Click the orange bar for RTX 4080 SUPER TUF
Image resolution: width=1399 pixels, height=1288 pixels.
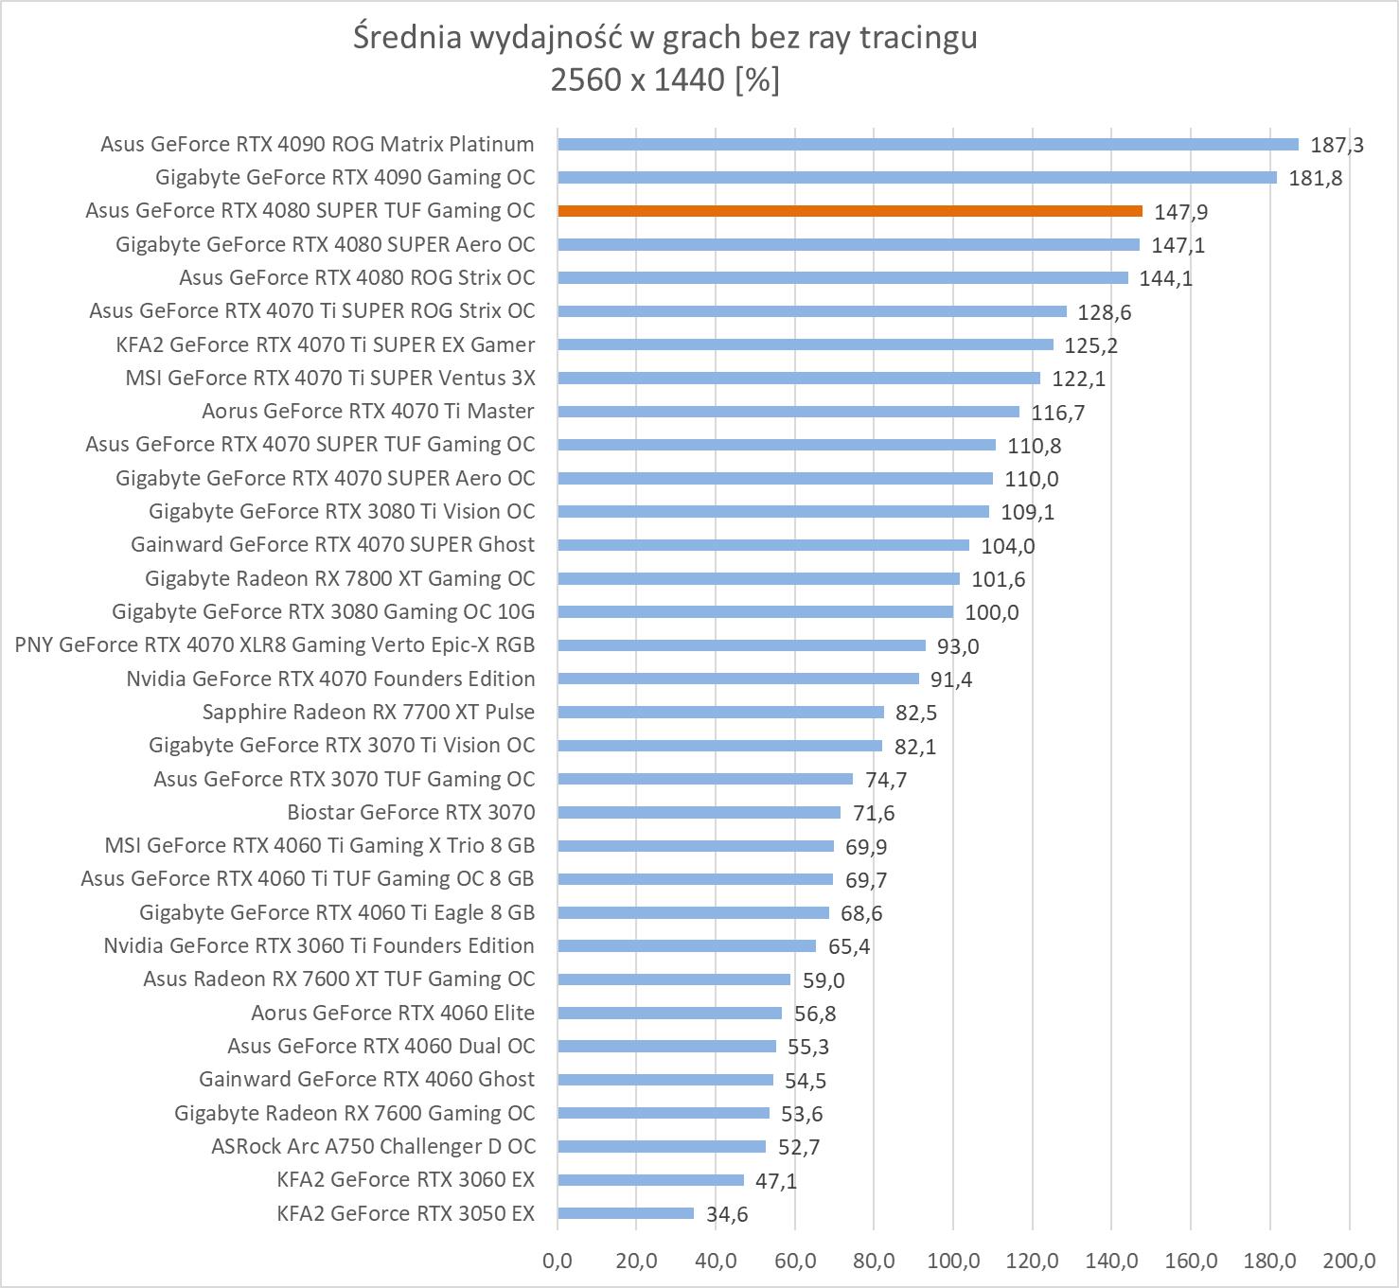[850, 211]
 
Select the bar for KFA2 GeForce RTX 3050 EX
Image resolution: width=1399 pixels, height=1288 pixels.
[626, 1213]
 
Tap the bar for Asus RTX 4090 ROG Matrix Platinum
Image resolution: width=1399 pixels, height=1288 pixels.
[928, 144]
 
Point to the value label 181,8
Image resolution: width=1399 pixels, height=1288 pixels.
[1315, 178]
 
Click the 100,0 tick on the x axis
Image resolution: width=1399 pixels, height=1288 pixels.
[953, 1261]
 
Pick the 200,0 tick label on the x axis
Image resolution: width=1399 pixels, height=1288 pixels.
[1349, 1261]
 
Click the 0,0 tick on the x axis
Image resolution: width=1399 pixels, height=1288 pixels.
[558, 1261]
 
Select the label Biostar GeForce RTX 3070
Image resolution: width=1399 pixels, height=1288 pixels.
[411, 812]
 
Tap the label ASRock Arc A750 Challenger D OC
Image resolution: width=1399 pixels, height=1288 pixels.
[373, 1146]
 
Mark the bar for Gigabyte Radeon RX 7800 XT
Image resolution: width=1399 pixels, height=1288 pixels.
[758, 578]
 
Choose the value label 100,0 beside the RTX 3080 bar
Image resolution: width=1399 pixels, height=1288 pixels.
[991, 612]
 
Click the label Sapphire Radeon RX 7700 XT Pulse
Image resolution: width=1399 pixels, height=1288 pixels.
[368, 712]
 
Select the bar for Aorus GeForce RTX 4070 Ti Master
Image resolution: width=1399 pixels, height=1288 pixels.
[788, 411]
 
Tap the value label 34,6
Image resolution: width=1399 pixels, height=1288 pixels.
[727, 1214]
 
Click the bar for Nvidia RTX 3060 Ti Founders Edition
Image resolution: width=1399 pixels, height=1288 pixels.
[686, 945]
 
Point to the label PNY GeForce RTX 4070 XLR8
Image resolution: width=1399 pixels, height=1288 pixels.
[274, 644]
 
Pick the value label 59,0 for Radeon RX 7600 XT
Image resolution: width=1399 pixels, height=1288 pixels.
[823, 980]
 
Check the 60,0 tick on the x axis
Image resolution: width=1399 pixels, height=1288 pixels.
[795, 1261]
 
